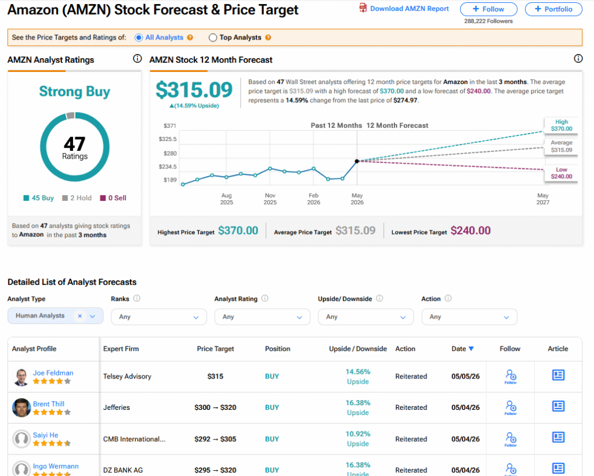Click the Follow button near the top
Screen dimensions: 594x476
click(x=488, y=9)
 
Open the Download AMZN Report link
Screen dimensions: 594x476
click(x=404, y=8)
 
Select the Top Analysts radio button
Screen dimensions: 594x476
click(x=213, y=38)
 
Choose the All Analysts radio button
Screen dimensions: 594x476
click(x=139, y=38)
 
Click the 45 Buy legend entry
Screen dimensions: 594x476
click(x=39, y=198)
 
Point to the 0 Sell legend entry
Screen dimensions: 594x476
click(x=113, y=198)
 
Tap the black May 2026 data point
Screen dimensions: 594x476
click(x=357, y=161)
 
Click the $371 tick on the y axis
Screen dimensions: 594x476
click(x=170, y=125)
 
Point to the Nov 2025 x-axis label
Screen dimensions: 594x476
click(x=270, y=199)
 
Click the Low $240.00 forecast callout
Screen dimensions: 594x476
click(x=562, y=173)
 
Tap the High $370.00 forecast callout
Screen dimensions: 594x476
click(x=562, y=125)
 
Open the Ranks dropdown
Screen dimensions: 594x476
click(x=159, y=317)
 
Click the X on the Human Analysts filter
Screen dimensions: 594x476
click(x=80, y=316)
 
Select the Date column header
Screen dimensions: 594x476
click(x=462, y=349)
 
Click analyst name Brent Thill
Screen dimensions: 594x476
click(x=49, y=404)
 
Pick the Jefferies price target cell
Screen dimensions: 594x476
click(x=215, y=408)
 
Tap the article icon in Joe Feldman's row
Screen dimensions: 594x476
click(x=558, y=375)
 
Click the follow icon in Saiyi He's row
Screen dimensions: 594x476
click(x=510, y=439)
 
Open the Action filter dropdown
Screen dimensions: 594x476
click(x=469, y=317)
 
